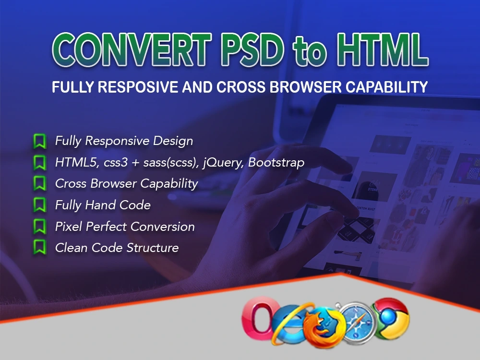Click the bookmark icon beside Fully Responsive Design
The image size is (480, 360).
(40, 141)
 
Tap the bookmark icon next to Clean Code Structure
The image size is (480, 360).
(40, 248)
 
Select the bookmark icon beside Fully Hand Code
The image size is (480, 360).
(40, 205)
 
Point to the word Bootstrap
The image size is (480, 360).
(277, 163)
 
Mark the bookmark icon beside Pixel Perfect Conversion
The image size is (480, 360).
(40, 227)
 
